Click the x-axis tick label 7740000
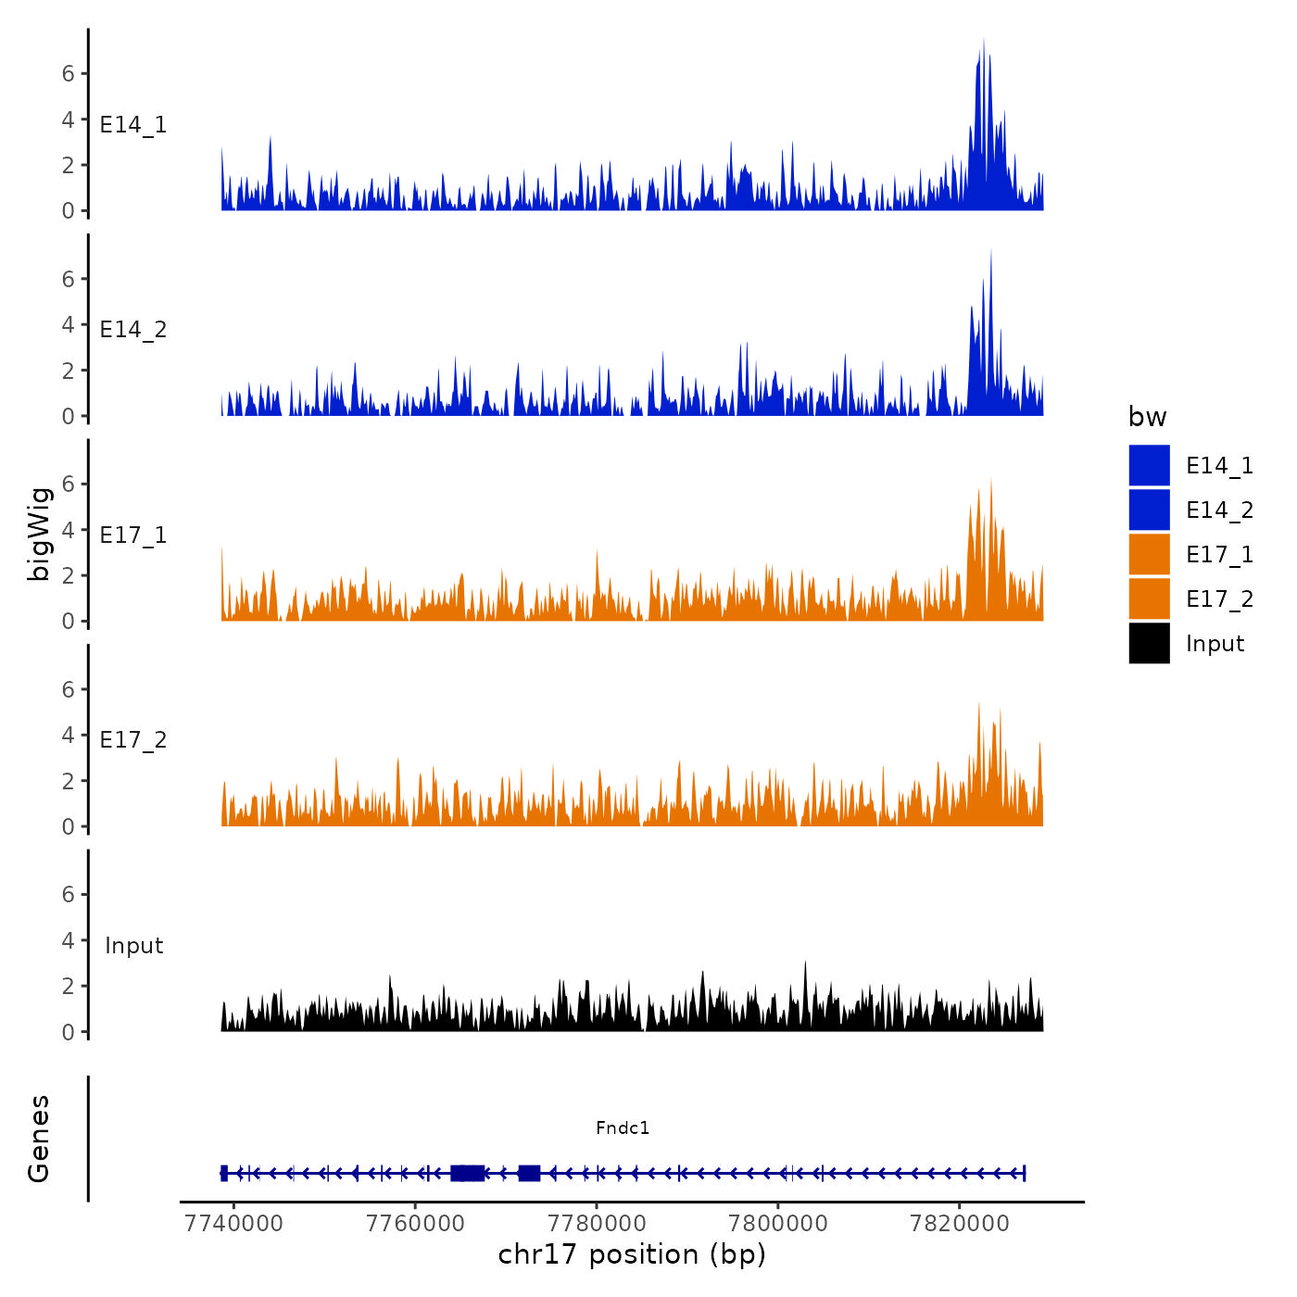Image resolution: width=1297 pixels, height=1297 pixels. pos(233,1224)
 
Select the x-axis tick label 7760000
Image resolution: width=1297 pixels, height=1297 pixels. pos(415,1224)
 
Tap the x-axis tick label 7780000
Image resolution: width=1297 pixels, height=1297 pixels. pos(597,1224)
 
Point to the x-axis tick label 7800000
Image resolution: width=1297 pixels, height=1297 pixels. pos(778,1224)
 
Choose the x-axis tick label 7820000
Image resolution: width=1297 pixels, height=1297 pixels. pos(960,1224)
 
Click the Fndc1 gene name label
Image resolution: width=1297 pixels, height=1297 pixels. pos(623,1127)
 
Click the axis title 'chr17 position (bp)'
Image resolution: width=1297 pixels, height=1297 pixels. pos(632,1254)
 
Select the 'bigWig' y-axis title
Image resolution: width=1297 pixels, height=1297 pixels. pos(39,534)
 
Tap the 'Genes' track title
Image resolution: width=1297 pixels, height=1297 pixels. pos(39,1139)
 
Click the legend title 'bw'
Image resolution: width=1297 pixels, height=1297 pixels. pos(1147,417)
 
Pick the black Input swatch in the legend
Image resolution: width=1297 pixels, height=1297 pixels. pos(1149,643)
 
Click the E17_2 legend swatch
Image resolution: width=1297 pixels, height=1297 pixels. pos(1149,598)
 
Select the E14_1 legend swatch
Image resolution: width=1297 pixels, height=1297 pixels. pos(1149,465)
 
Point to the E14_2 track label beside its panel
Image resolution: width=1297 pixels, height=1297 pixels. pos(133,330)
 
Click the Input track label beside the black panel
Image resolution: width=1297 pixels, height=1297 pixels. pos(133,946)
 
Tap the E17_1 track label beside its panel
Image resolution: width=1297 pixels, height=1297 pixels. pos(133,535)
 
